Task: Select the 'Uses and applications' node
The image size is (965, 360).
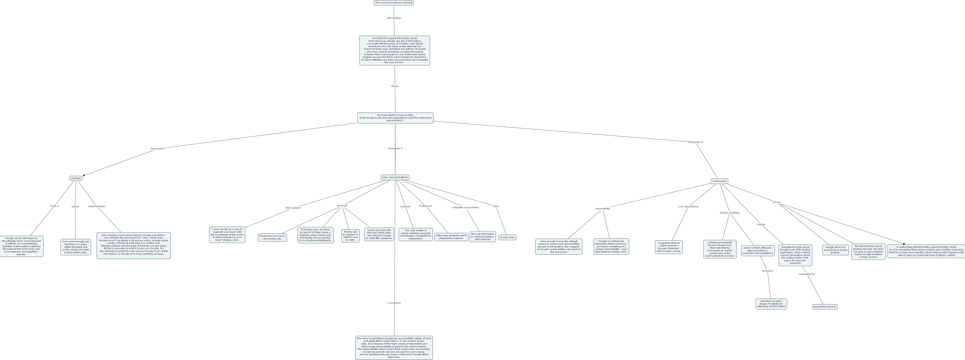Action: coord(395,177)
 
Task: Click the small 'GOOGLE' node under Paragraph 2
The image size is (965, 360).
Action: coord(76,178)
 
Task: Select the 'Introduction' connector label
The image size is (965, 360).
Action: coord(394,18)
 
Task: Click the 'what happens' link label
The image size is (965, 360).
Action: coord(97,206)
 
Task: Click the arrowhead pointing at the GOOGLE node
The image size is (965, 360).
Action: coord(84,175)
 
